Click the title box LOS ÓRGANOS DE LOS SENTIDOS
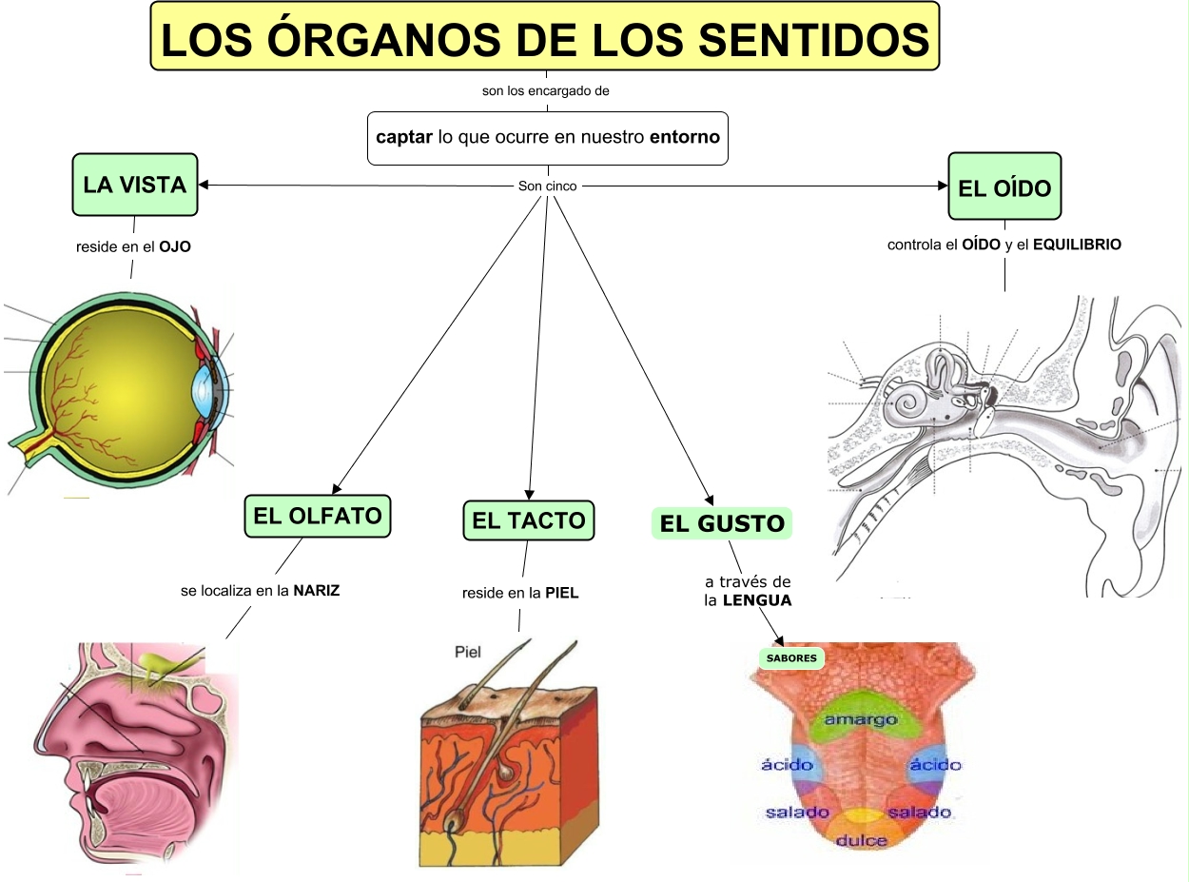544,36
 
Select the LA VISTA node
134,185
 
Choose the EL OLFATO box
318,517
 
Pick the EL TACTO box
528,520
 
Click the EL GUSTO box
722,523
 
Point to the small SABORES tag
791,657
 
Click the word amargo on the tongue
860,720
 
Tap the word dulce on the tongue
862,840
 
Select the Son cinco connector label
547,186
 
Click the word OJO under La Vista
175,246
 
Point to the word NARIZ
316,590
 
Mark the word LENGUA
757,600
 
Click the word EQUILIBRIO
1077,245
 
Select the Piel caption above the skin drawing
468,653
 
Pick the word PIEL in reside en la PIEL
561,593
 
